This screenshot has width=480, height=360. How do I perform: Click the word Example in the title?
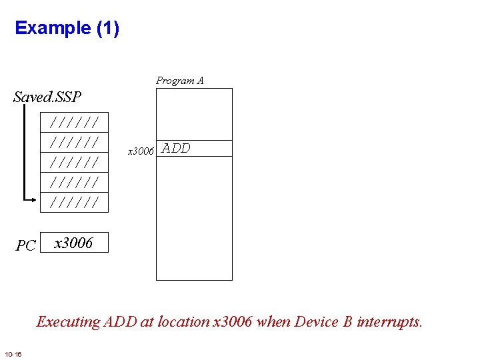(52, 28)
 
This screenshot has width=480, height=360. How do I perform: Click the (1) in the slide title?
(107, 28)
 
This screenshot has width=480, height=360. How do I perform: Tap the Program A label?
(180, 81)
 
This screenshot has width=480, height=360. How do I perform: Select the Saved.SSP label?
(47, 97)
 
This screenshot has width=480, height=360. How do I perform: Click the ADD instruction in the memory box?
(176, 149)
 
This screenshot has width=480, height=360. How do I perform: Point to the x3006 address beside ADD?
(141, 151)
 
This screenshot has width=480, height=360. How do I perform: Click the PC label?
(25, 246)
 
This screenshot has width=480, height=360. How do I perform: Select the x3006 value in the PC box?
(73, 243)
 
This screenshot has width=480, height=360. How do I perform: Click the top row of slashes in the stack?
(75, 122)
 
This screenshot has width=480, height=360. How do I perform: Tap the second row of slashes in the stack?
(75, 142)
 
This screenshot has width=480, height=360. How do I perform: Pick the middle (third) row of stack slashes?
(75, 162)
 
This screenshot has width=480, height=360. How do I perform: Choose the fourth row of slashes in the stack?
(75, 182)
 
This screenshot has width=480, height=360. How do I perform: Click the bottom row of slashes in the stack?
(75, 201)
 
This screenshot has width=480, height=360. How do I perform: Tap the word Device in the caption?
(317, 322)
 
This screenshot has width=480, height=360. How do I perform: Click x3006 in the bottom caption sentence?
(232, 322)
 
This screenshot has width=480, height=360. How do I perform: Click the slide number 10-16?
(13, 353)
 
